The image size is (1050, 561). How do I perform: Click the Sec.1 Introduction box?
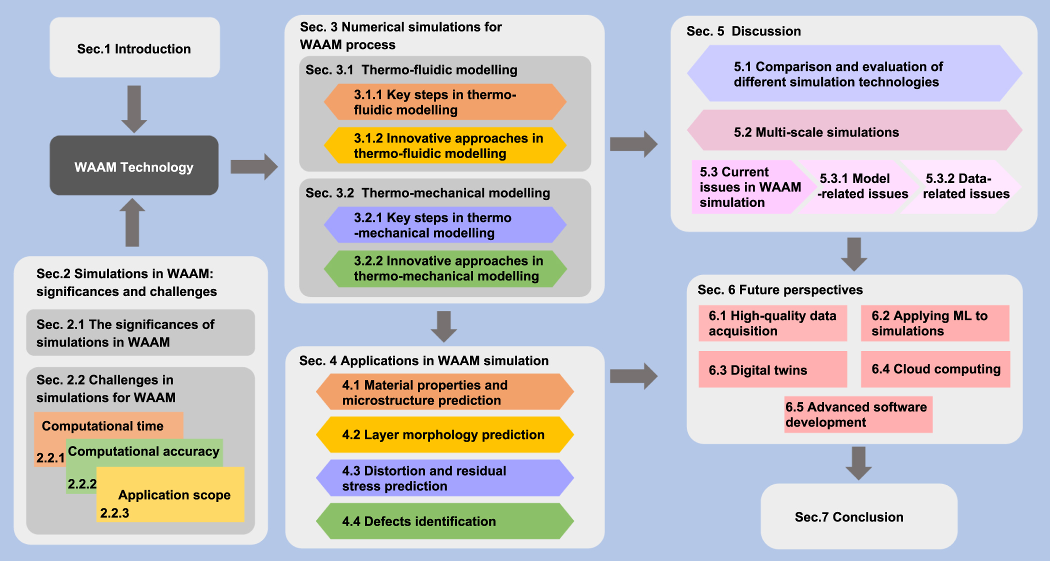[x=134, y=48]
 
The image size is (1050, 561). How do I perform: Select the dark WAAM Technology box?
[x=134, y=166]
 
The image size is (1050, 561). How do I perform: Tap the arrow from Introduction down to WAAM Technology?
[x=134, y=109]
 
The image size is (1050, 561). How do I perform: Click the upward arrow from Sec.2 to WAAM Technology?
[x=132, y=222]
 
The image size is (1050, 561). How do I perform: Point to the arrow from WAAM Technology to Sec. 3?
[x=254, y=166]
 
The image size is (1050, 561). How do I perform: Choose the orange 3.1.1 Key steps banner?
[x=445, y=102]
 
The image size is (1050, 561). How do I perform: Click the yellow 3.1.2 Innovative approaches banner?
[x=445, y=145]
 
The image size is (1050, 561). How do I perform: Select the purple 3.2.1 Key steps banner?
[x=445, y=225]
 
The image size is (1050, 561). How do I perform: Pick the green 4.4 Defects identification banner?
[x=445, y=521]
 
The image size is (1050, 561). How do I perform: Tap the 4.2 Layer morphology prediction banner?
[x=445, y=434]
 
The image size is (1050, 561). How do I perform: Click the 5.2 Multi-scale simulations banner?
[x=854, y=131]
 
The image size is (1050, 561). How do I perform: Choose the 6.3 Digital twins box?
[x=772, y=369]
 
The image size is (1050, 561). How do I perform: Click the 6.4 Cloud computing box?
[x=935, y=369]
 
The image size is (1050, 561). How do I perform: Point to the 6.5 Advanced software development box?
[x=858, y=414]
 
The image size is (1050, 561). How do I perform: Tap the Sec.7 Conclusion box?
[x=858, y=516]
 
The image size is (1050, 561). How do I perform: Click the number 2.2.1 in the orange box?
[x=50, y=457]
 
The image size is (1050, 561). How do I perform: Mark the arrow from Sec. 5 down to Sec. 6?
[x=854, y=254]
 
